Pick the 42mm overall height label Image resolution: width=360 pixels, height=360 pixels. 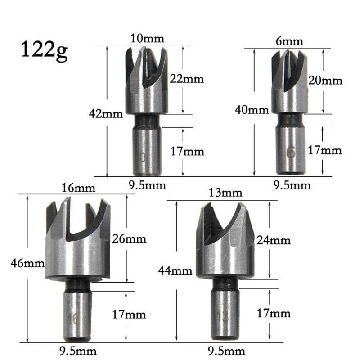pos(106,114)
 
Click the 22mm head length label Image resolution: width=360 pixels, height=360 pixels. pos(187,79)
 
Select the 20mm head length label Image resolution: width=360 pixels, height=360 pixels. pos(325,81)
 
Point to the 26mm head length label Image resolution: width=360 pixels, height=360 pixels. pos(129,238)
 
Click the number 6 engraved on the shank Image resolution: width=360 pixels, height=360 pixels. pos(291,153)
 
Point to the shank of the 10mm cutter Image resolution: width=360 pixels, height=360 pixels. pos(147,151)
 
